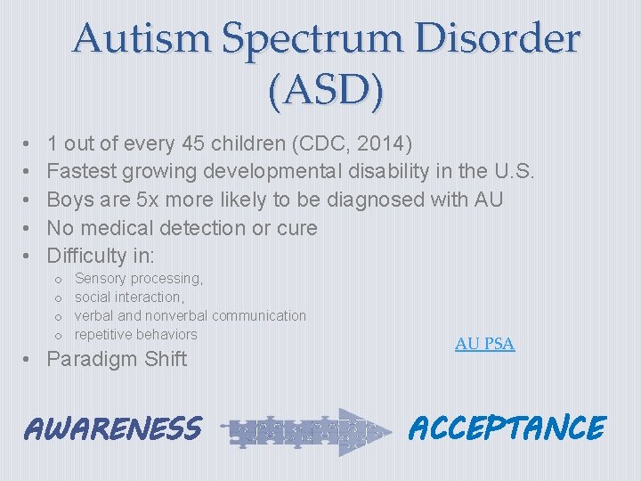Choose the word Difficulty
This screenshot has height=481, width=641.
coord(87,257)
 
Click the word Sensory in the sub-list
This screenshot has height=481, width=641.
coord(101,279)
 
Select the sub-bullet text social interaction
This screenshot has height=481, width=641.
coord(129,298)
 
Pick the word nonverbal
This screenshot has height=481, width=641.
coord(177,316)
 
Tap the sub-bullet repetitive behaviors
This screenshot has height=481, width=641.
coord(135,335)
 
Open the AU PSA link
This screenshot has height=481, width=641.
coord(484,344)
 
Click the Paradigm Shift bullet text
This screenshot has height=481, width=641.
coord(117,360)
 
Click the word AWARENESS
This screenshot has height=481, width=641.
coord(112,428)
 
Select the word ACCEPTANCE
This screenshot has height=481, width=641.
coord(507,428)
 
